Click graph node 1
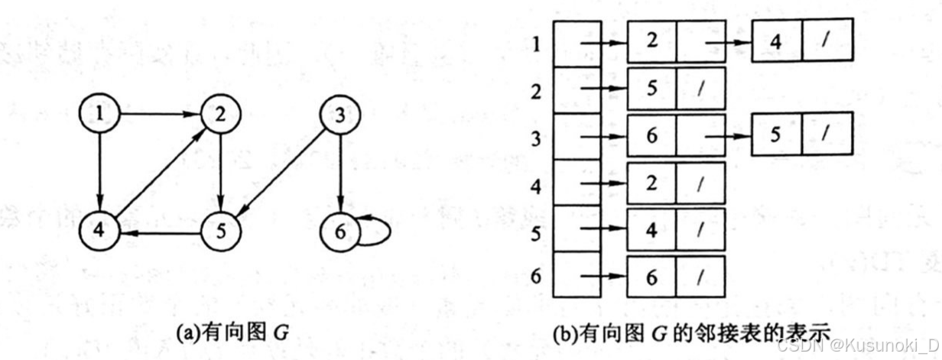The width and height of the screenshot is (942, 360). pyautogui.click(x=99, y=116)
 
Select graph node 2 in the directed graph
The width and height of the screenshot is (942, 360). pyautogui.click(x=220, y=116)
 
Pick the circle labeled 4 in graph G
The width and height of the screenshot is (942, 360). pyautogui.click(x=99, y=230)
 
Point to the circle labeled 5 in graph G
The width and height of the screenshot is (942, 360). pyautogui.click(x=220, y=230)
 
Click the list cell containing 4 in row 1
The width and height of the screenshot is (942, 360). pyautogui.click(x=776, y=43)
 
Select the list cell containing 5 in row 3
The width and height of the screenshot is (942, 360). pyautogui.click(x=776, y=134)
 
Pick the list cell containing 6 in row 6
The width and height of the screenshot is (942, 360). pyautogui.click(x=651, y=277)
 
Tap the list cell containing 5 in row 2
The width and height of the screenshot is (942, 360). pyautogui.click(x=651, y=88)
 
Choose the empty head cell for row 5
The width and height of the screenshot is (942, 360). pyautogui.click(x=577, y=229)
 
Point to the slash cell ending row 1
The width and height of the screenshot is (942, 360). pyautogui.click(x=827, y=43)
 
